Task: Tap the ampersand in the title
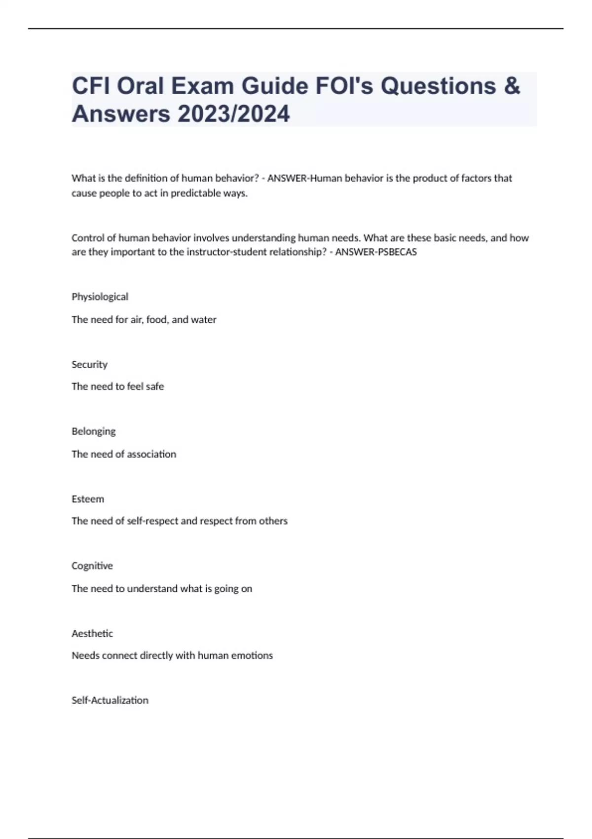tap(513, 86)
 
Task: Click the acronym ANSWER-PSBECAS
tap(376, 252)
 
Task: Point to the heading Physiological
tap(100, 297)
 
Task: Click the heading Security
tap(89, 364)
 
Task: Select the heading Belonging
tap(94, 431)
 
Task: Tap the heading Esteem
tap(88, 499)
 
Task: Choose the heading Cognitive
tap(92, 566)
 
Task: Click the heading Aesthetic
tap(92, 633)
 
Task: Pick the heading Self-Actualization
tap(110, 700)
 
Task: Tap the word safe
tap(155, 386)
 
